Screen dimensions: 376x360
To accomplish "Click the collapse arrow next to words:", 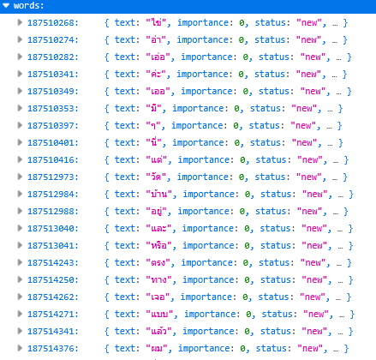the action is (x=6, y=5).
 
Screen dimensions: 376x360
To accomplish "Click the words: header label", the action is (x=29, y=5).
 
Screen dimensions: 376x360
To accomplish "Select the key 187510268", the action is (x=53, y=23).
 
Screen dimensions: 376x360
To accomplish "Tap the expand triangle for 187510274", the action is (x=20, y=39).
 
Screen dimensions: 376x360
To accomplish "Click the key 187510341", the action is (x=53, y=75).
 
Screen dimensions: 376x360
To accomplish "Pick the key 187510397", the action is (x=53, y=126).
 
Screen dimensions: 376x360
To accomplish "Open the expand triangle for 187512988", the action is (x=20, y=211).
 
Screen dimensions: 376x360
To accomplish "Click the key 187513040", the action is (x=53, y=229).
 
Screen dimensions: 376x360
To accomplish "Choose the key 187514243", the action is (x=53, y=263).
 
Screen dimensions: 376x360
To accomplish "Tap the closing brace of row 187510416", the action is (x=346, y=160).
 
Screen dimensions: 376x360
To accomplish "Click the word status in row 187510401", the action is (x=266, y=142).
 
